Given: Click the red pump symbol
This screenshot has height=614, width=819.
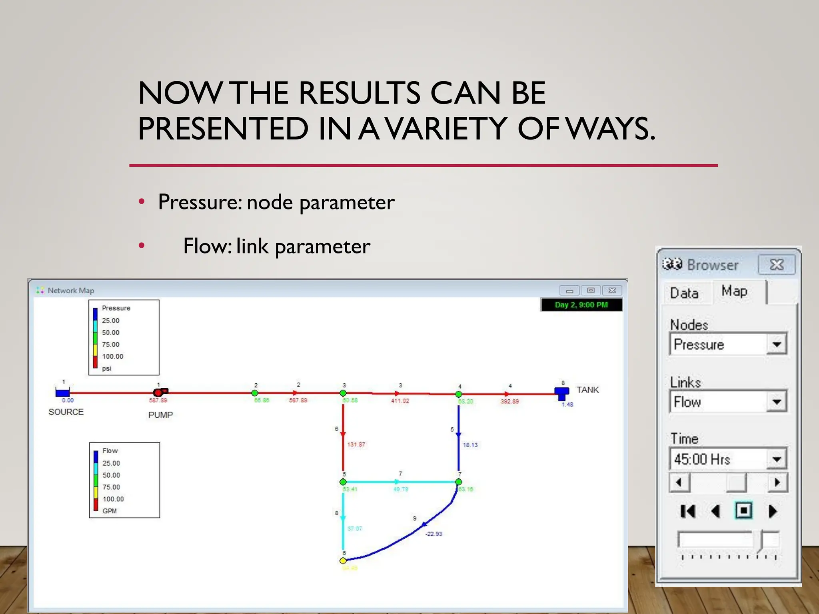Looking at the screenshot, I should (x=160, y=392).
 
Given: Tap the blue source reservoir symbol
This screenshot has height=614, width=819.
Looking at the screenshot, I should (x=62, y=392).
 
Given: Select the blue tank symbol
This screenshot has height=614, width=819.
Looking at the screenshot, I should (x=561, y=393).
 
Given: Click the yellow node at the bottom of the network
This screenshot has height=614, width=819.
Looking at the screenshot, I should (x=343, y=560).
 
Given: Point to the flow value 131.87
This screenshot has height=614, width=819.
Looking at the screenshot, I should (x=356, y=445).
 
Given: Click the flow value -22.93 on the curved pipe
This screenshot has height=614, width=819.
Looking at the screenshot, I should (x=433, y=534).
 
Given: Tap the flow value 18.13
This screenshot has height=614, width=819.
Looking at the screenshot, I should (x=470, y=445).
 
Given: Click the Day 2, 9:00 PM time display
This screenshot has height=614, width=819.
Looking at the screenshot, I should (x=581, y=305).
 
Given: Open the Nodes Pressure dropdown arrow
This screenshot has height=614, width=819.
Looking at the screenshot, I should (x=776, y=344).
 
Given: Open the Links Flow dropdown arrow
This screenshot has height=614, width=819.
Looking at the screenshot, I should (x=776, y=402).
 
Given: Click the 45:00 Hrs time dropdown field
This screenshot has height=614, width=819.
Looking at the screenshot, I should (x=718, y=459).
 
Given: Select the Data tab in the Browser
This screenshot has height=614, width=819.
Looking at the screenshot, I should (x=684, y=293).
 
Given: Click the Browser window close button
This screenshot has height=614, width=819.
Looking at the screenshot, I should (x=776, y=265).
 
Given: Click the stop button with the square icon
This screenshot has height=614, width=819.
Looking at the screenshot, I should (x=743, y=510).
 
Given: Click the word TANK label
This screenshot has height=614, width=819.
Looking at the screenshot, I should (x=587, y=390).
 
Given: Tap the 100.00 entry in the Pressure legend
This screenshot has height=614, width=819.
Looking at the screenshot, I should (x=112, y=356).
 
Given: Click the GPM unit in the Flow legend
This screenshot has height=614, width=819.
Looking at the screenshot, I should (x=110, y=511).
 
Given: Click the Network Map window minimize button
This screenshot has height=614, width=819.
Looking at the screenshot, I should (x=569, y=291).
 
